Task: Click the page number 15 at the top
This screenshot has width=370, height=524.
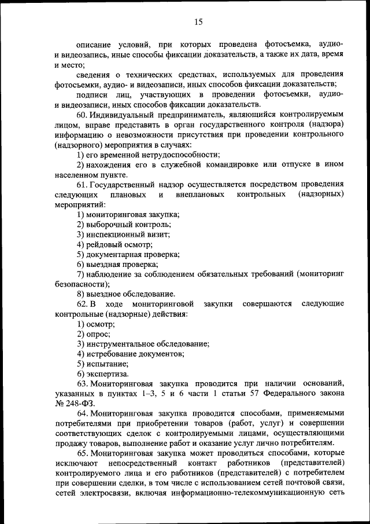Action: pos(198,22)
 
